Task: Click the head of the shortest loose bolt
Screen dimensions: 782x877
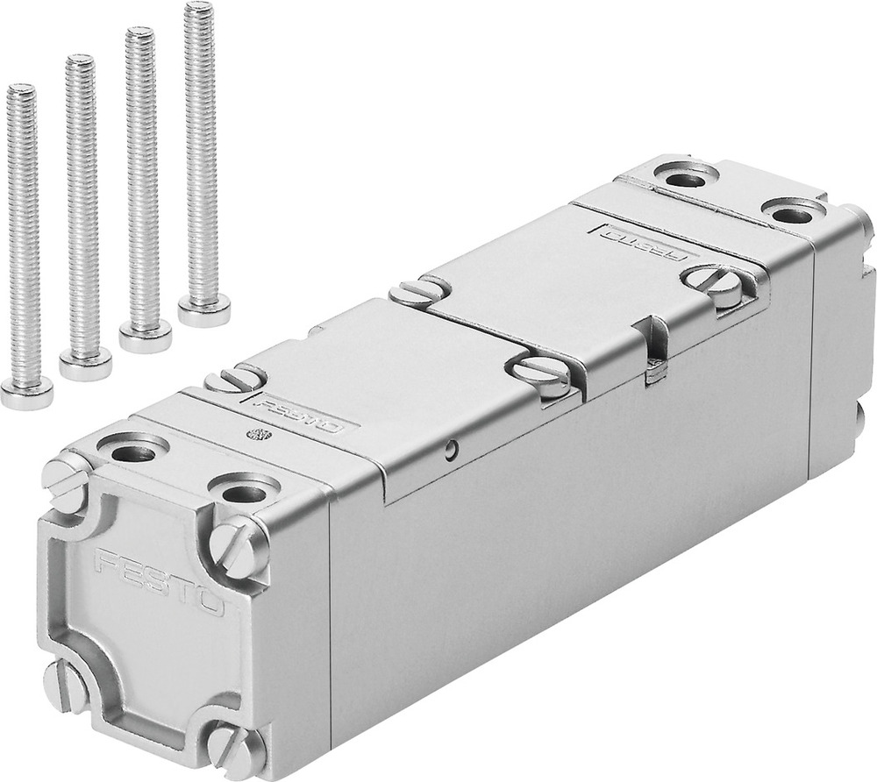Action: click(x=25, y=394)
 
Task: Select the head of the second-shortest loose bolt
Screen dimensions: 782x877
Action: click(x=85, y=362)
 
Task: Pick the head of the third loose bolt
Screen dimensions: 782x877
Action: click(x=145, y=337)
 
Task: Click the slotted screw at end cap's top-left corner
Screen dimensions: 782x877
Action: click(x=66, y=478)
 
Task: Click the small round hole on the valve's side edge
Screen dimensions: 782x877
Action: click(x=450, y=451)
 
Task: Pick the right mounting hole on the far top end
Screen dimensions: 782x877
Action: click(x=792, y=210)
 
